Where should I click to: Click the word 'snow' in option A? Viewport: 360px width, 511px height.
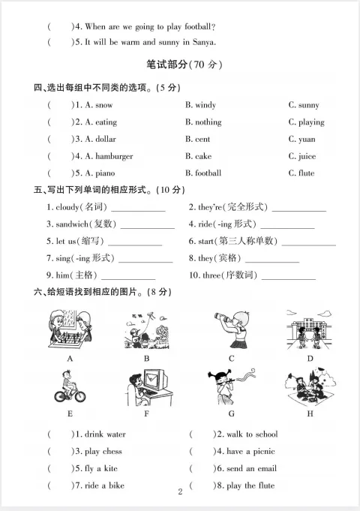104,106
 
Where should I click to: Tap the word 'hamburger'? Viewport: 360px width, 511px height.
113,157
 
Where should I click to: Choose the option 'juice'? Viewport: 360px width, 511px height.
306,157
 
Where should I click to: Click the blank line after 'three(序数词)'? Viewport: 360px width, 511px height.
288,276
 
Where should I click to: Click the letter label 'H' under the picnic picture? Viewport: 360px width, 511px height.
310,413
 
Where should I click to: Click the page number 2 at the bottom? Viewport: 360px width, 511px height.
180,492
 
